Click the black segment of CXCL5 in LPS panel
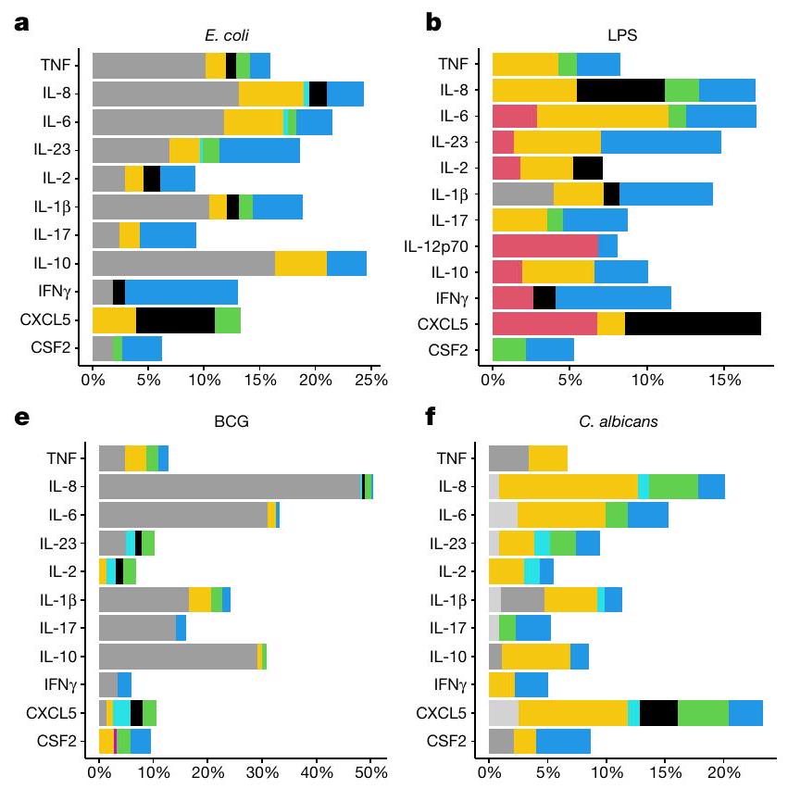click(x=693, y=323)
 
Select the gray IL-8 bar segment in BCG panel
click(x=229, y=486)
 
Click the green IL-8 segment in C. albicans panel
click(x=673, y=486)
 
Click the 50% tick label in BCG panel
click(x=370, y=769)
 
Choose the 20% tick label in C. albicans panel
click(x=722, y=769)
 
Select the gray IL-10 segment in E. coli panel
click(x=183, y=263)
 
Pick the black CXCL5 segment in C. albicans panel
click(x=658, y=713)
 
